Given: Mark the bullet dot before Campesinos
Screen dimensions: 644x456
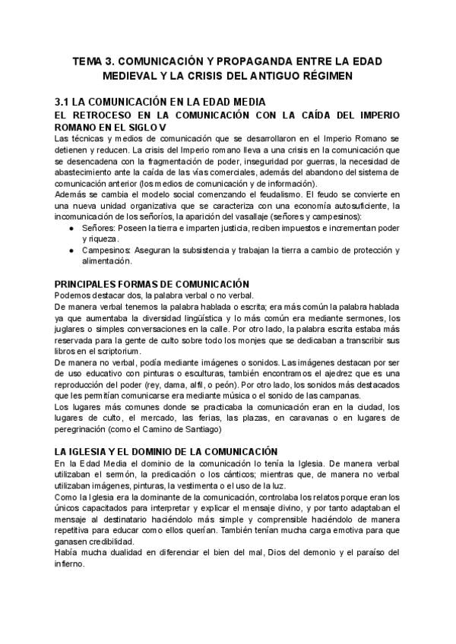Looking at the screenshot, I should (71, 250).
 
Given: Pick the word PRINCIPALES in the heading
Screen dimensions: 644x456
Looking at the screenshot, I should (89, 283).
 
